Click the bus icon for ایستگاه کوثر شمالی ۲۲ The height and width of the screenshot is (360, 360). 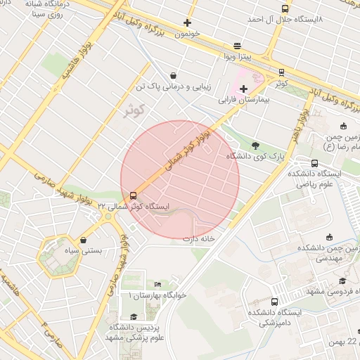point(133,195)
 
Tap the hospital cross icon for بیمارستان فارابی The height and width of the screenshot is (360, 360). point(243,89)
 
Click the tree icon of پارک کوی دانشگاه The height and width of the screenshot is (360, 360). point(255,146)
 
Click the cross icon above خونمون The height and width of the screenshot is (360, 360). point(187,22)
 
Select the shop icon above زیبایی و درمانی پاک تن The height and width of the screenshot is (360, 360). point(173,76)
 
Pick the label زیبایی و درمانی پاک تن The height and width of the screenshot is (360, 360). point(173,87)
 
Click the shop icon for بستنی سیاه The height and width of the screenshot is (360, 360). point(84,240)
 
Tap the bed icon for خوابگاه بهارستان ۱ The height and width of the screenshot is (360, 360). point(158,284)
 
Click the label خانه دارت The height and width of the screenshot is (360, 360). point(198,239)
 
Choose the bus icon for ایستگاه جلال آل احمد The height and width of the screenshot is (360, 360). point(284,9)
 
